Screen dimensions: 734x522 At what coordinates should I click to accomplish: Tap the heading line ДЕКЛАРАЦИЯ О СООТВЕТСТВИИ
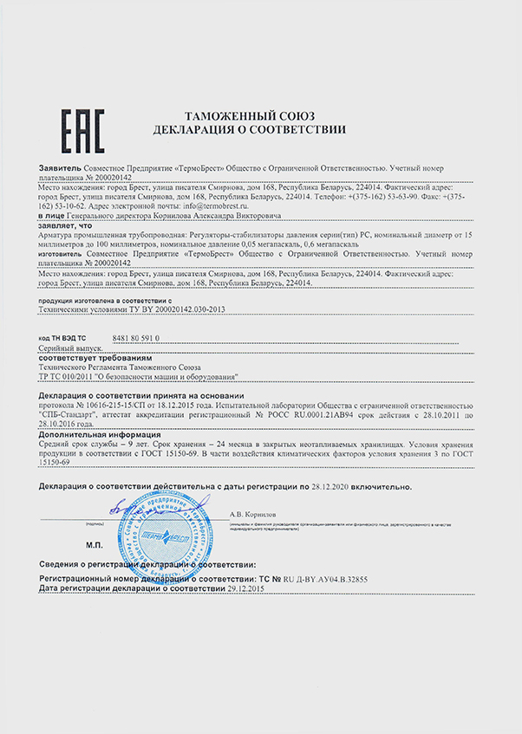click(x=249, y=129)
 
